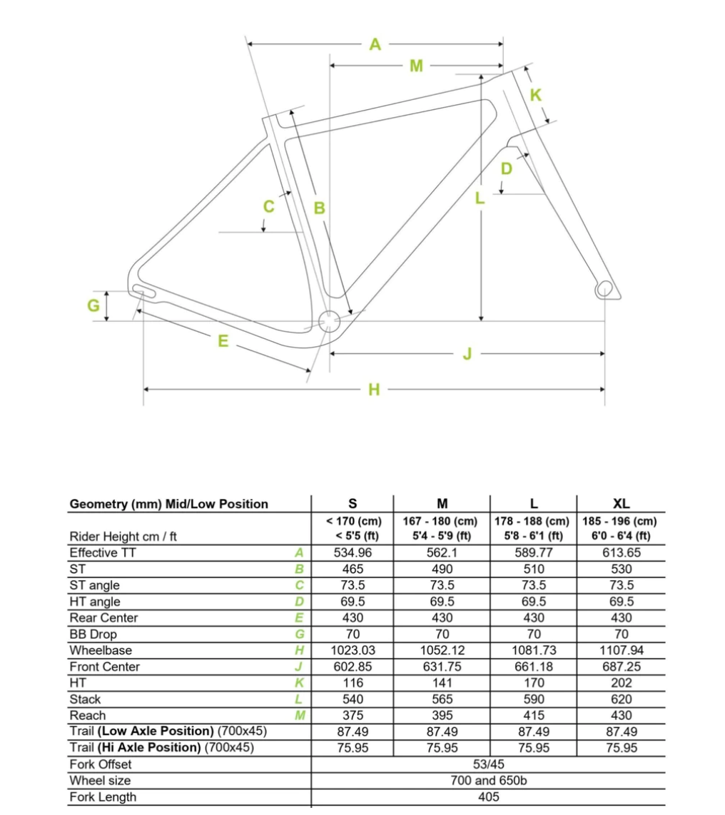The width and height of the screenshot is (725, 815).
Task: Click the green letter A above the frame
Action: point(375,44)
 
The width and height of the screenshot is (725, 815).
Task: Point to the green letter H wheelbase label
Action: point(374,390)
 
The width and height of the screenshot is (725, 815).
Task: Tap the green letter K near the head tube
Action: point(536,94)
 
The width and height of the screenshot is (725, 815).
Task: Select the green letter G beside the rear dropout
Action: point(93,305)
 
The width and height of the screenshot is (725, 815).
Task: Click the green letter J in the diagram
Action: point(467,353)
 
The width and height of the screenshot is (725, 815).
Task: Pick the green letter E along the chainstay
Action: point(223,341)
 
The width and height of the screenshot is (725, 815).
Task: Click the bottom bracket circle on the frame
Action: point(329,321)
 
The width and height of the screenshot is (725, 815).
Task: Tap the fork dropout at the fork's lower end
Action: point(604,288)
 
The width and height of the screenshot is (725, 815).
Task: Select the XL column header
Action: point(621,504)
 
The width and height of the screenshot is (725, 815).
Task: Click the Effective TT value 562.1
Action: point(442,552)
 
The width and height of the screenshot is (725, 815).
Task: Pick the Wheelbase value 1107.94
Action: point(621,650)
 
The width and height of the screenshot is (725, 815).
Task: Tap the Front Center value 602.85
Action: point(353,667)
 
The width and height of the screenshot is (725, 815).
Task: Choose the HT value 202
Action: point(621,683)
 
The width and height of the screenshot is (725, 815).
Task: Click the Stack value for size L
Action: point(533,699)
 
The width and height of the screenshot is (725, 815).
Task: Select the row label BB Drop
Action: point(93,634)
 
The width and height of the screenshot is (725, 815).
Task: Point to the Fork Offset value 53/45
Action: point(488,764)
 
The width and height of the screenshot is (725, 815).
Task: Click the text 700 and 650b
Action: point(488,781)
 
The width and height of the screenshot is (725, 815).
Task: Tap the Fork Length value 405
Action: point(488,797)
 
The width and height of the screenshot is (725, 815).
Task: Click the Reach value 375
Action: point(353,715)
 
